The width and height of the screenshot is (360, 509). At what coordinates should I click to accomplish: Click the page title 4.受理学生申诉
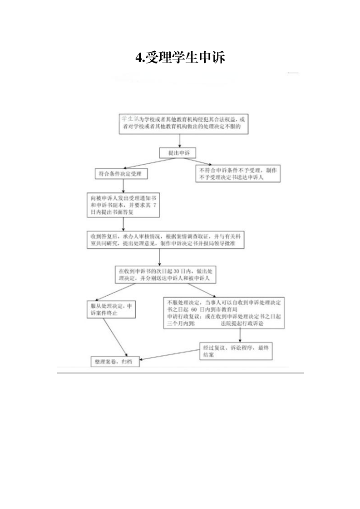180,58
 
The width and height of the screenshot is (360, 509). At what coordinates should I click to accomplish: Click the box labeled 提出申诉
178,153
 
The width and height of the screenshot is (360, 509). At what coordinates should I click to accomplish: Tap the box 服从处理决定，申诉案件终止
110,310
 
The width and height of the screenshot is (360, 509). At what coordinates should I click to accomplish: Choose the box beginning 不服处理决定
224,313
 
